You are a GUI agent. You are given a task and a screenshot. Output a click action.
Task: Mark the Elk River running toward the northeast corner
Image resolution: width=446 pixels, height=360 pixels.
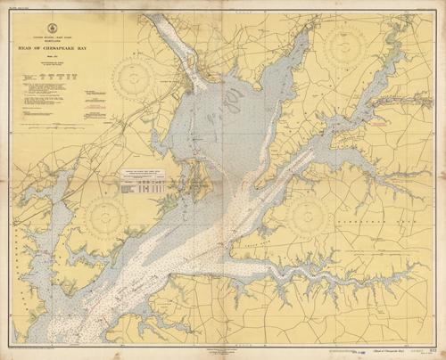point(357,116)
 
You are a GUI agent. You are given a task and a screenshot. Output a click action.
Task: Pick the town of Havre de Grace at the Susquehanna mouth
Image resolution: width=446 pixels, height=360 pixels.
point(190,85)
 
